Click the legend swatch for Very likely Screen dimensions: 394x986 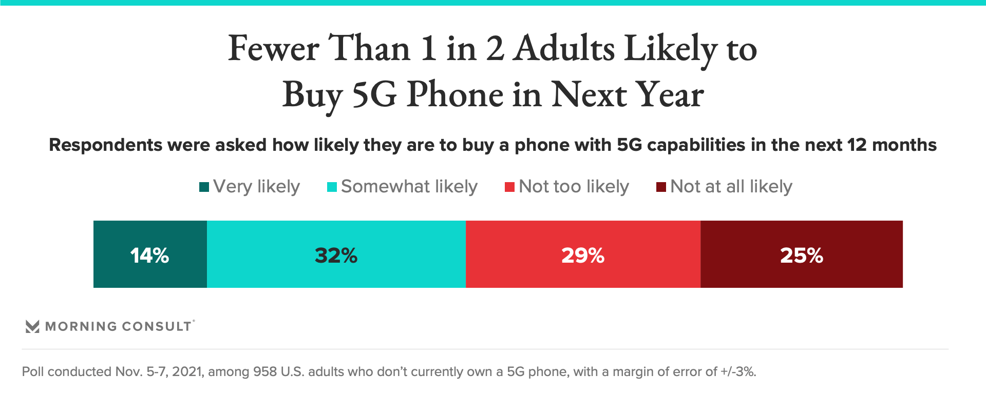(204, 187)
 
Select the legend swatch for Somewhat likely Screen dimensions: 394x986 (332, 187)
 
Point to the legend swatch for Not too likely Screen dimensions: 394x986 (509, 187)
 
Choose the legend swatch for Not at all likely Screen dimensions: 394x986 (661, 187)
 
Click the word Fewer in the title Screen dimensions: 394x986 (273, 49)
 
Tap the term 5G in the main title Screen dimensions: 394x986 (374, 95)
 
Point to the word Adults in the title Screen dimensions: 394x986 (564, 49)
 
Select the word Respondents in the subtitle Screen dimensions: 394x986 (105, 145)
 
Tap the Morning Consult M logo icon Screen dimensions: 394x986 (32, 326)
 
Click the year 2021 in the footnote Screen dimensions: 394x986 (187, 371)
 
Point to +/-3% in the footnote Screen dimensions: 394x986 (738, 371)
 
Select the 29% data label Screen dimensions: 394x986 (583, 255)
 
